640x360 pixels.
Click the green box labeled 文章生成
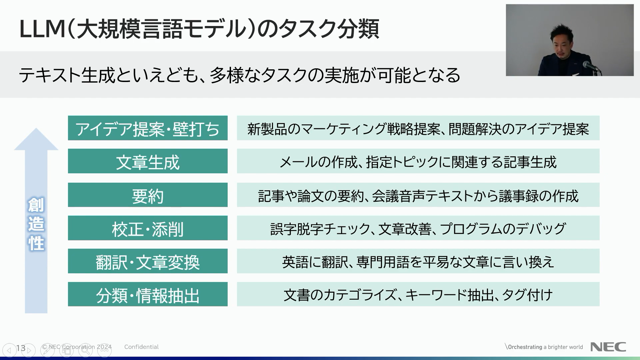[x=148, y=161]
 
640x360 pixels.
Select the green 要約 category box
[x=148, y=195]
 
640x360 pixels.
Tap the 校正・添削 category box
[x=148, y=228]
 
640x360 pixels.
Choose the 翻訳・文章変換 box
[x=148, y=261]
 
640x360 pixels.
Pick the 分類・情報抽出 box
[x=148, y=294]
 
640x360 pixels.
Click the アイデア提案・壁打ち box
[x=148, y=128]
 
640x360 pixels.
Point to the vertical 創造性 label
[x=36, y=224]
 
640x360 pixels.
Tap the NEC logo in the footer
[x=608, y=347]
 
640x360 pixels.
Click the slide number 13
[x=21, y=348]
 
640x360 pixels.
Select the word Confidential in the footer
[x=141, y=347]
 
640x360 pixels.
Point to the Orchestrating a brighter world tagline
[x=544, y=347]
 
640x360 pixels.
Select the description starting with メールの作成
[x=418, y=162]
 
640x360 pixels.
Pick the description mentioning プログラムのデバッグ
[x=418, y=229]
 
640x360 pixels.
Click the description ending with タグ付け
[x=418, y=295]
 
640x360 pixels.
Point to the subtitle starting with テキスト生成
[x=239, y=75]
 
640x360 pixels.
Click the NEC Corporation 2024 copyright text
[x=77, y=347]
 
